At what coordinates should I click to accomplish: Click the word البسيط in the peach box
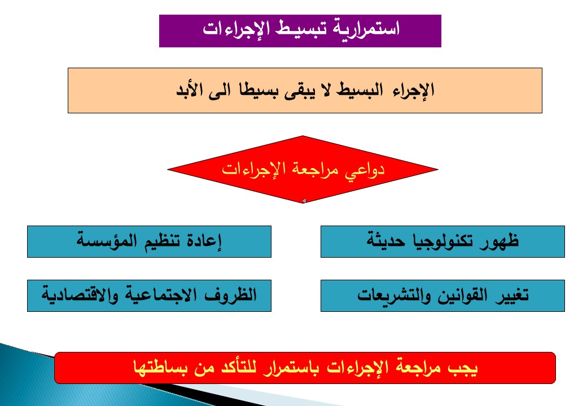(x=360, y=90)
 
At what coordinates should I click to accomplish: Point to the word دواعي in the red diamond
(x=364, y=170)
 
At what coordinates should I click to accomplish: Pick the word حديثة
(x=386, y=240)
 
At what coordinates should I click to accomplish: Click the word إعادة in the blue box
(x=204, y=241)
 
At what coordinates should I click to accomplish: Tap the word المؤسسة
(x=102, y=240)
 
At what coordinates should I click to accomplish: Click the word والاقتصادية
(x=80, y=295)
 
